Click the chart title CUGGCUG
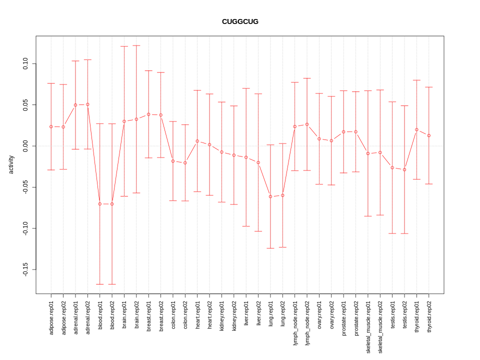point(240,21)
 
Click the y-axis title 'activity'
point(11,164)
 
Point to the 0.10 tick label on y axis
point(25,63)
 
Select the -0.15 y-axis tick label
point(25,269)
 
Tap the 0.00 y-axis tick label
point(25,146)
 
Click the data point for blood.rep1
point(100,204)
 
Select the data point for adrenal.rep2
point(87,104)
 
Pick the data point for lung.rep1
point(270,196)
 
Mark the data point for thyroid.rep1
point(416,129)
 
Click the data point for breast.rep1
point(148,114)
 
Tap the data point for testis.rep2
point(404,169)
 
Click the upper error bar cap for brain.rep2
point(136,45)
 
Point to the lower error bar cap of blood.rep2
point(112,284)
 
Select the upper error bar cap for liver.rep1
point(246,88)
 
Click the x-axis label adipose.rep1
point(51,317)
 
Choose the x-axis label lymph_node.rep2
point(307,323)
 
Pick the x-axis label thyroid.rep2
point(429,316)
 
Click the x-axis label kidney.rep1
point(221,317)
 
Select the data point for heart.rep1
point(197,141)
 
